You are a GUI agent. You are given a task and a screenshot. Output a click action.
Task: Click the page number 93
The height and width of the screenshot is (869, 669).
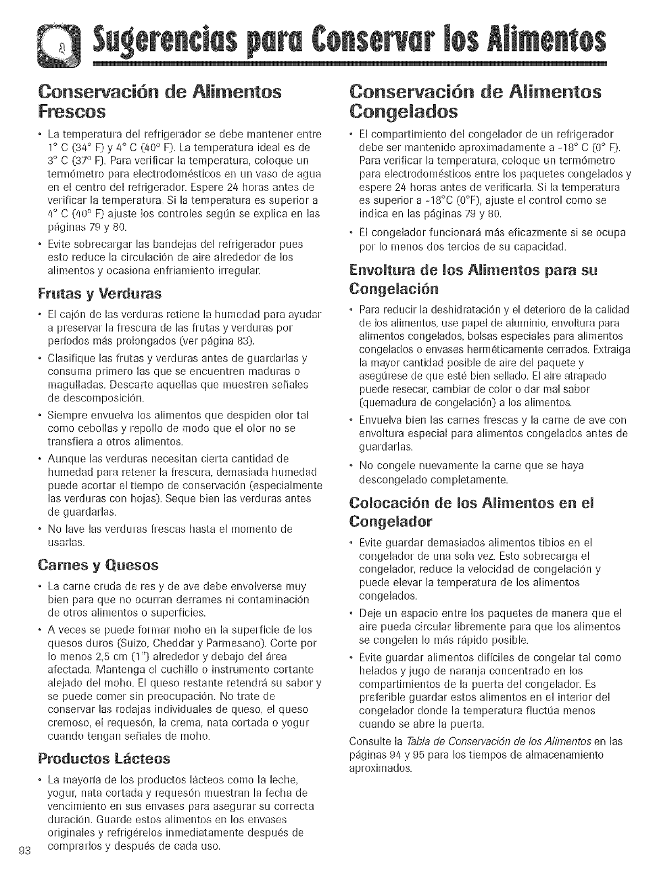(23, 850)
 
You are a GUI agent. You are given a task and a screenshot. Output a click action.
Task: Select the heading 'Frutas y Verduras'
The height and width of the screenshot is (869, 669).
(100, 293)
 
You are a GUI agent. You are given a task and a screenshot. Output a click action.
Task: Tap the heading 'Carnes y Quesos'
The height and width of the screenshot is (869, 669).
(97, 565)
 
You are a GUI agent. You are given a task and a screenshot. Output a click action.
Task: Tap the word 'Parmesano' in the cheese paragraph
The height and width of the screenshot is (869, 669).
(251, 643)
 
